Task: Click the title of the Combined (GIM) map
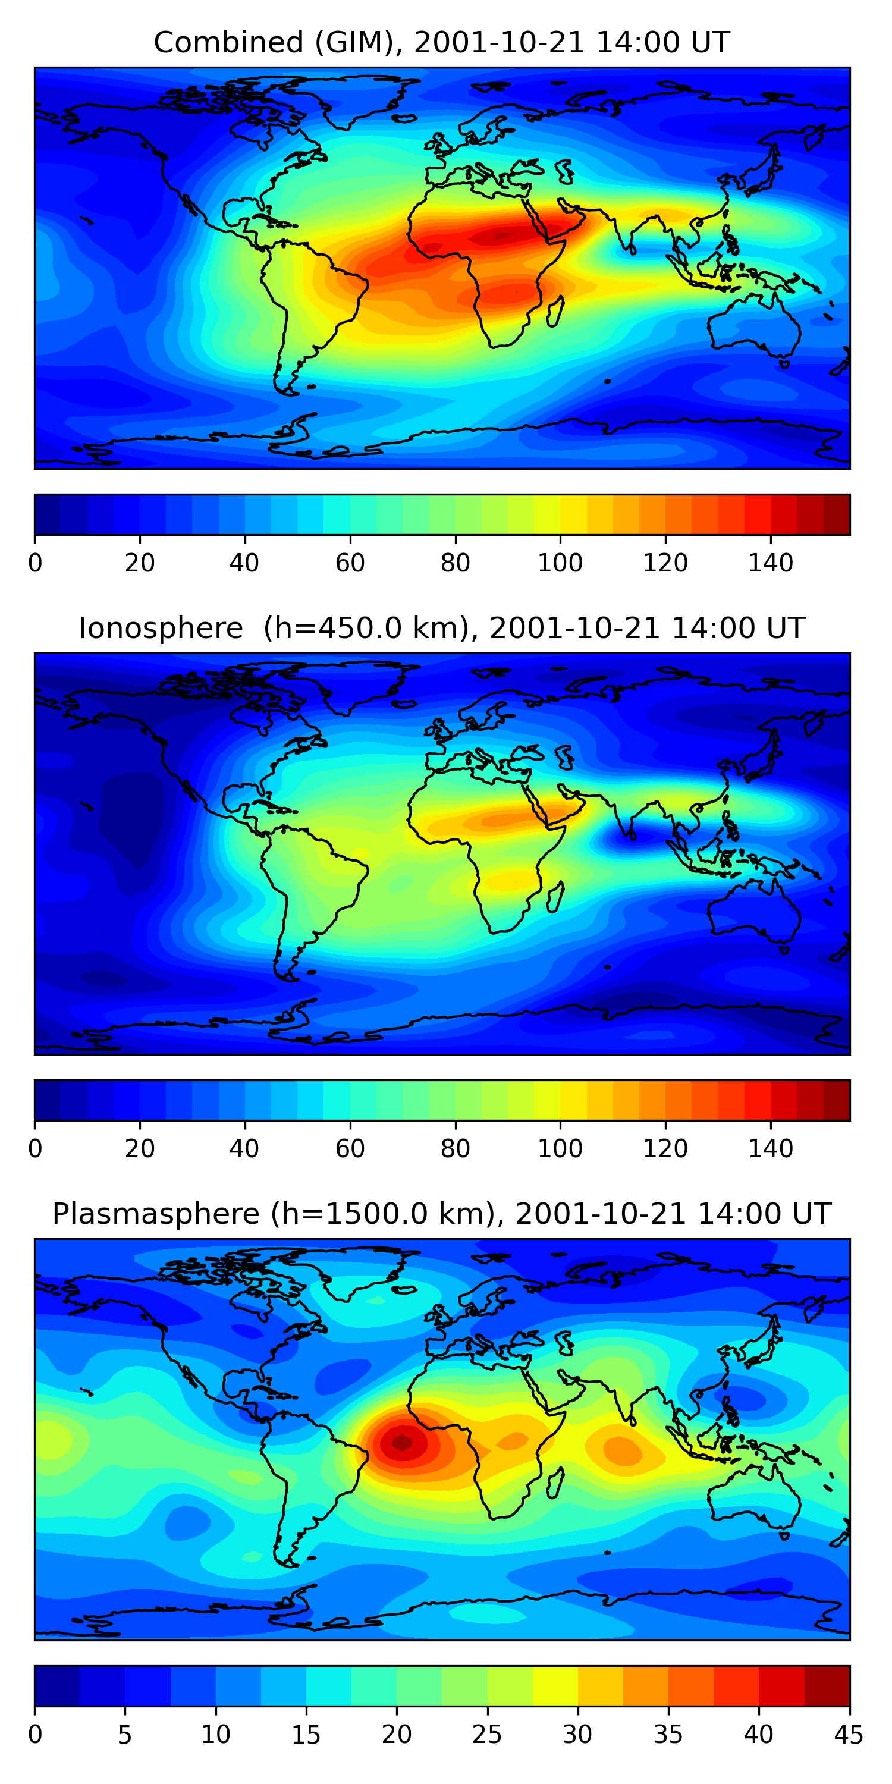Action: [x=442, y=42]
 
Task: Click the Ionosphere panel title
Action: [x=442, y=628]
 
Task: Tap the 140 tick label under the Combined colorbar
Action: [x=770, y=563]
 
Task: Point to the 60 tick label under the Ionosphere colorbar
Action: [x=350, y=1149]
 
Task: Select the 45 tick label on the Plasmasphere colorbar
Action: [x=849, y=1735]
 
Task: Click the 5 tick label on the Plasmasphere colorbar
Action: [x=125, y=1735]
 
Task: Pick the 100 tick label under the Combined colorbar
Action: [x=560, y=563]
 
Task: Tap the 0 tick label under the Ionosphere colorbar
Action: [x=35, y=1149]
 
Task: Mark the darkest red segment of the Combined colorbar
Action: [x=837, y=514]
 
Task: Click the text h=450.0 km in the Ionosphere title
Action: [x=370, y=628]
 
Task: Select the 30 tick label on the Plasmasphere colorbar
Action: [x=577, y=1735]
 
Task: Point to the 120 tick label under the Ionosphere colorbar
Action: [x=665, y=1149]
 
